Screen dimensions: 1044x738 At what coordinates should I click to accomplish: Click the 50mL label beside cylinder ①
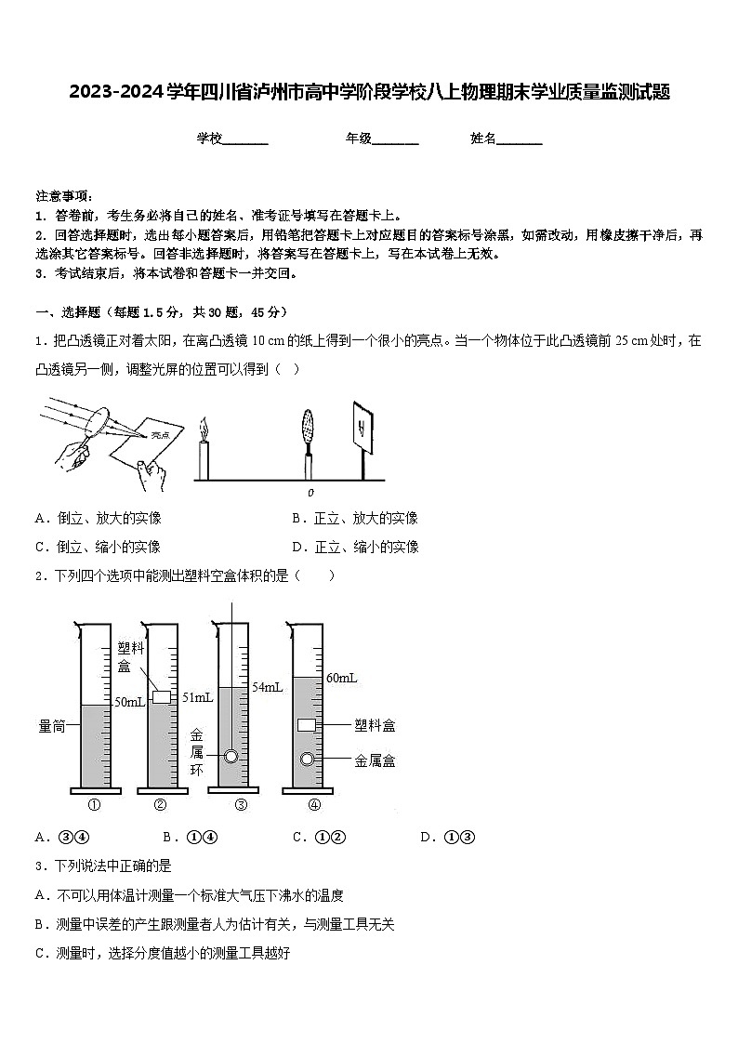coord(128,703)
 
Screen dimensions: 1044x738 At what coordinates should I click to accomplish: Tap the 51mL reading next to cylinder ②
coord(197,697)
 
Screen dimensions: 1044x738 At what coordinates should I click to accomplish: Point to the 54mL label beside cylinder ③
coord(267,687)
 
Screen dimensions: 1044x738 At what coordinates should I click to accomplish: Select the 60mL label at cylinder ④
coord(341,678)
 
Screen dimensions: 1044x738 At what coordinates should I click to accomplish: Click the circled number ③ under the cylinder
coord(241,805)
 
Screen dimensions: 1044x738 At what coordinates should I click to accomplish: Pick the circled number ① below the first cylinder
coord(94,805)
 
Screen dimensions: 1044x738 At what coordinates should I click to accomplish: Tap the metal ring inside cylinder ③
coord(231,757)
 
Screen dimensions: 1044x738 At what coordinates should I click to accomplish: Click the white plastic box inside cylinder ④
coord(307,725)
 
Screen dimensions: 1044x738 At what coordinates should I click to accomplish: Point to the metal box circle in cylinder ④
coord(306,760)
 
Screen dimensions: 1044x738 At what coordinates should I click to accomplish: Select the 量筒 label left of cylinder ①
coord(52,726)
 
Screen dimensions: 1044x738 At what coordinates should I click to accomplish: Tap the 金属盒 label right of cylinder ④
coord(375,760)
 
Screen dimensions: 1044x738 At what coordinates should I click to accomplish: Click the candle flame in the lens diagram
coord(204,429)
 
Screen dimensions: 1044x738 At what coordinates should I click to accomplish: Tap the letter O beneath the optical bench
coord(310,493)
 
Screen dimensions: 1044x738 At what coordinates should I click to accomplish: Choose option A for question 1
coord(98,518)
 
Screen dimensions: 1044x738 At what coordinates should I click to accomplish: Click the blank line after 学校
coord(246,139)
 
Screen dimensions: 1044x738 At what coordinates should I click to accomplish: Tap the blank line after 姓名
coord(520,139)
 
